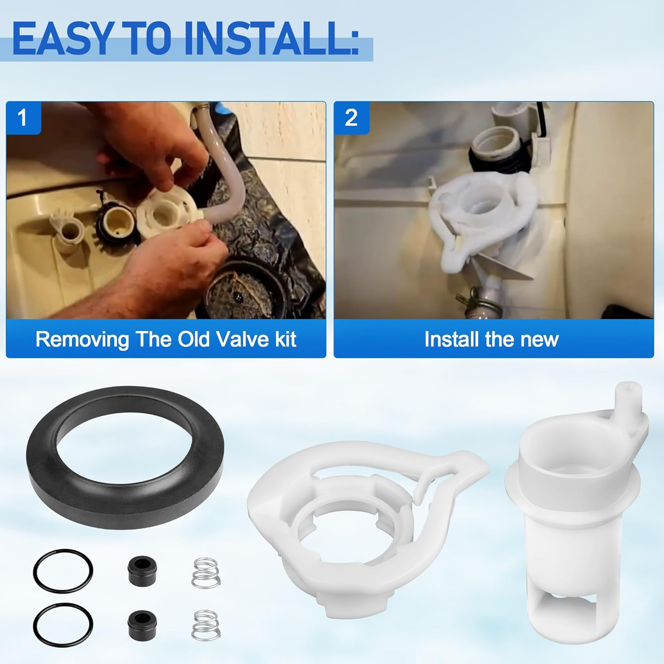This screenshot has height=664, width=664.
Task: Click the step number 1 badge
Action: (x=23, y=118)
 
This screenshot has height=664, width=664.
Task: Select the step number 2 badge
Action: (x=351, y=118)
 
